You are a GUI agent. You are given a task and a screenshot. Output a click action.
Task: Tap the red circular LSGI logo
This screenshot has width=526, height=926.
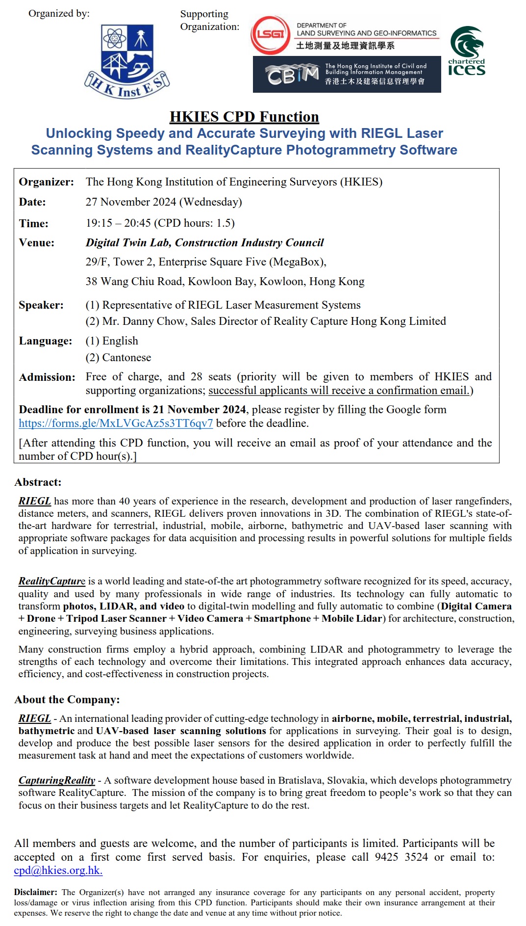pos(270,35)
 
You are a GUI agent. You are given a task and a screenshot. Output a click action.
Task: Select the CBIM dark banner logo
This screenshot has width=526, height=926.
pos(347,75)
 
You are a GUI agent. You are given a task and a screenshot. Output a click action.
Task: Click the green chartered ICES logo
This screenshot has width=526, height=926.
pos(467,52)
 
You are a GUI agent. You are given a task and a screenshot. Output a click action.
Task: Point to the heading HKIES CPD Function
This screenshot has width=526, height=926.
pos(244,117)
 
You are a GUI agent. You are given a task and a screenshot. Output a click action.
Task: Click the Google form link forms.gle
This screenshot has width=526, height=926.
pos(116,423)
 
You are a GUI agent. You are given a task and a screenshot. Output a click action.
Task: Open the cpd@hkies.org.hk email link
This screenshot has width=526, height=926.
pos(58,871)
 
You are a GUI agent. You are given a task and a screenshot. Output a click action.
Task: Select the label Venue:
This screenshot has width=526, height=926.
pos(37,243)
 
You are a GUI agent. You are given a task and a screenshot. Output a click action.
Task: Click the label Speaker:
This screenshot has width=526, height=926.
pos(41,305)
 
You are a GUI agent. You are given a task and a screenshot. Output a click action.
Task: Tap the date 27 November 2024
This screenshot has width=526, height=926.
pos(131,202)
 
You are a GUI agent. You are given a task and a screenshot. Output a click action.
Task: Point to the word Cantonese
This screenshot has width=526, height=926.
pos(126,358)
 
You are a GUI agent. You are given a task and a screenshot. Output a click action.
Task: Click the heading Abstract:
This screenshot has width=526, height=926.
pos(38,482)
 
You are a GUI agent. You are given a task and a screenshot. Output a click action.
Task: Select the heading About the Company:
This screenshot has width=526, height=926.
pos(67,700)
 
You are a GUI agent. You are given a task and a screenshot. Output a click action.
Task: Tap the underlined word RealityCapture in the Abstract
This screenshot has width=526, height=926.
pos(52,582)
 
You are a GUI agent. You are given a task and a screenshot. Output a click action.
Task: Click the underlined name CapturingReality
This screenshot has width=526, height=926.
pos(57,781)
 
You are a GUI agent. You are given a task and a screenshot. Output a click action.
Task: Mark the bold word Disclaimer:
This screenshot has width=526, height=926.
pos(35,893)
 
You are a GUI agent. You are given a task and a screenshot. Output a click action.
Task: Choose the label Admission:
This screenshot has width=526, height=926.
pos(47,377)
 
